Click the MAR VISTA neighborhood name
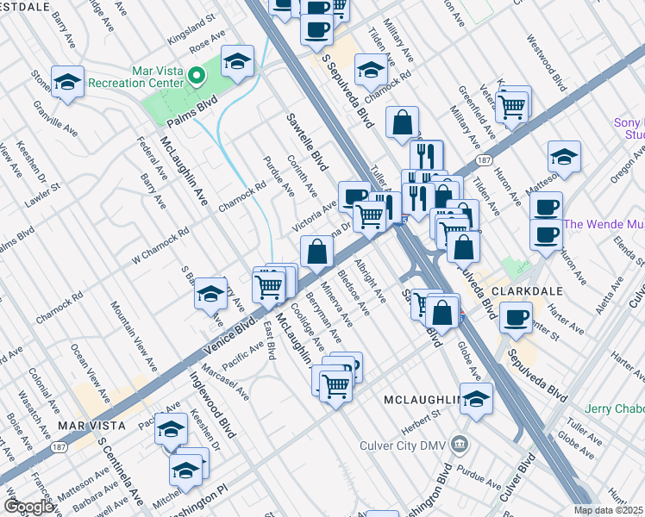tap(92, 426)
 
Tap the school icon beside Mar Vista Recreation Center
tap(238, 61)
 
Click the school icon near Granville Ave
tap(67, 83)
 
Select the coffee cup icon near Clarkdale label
tap(516, 317)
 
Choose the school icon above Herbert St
tap(475, 398)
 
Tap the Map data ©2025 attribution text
tap(609, 510)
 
